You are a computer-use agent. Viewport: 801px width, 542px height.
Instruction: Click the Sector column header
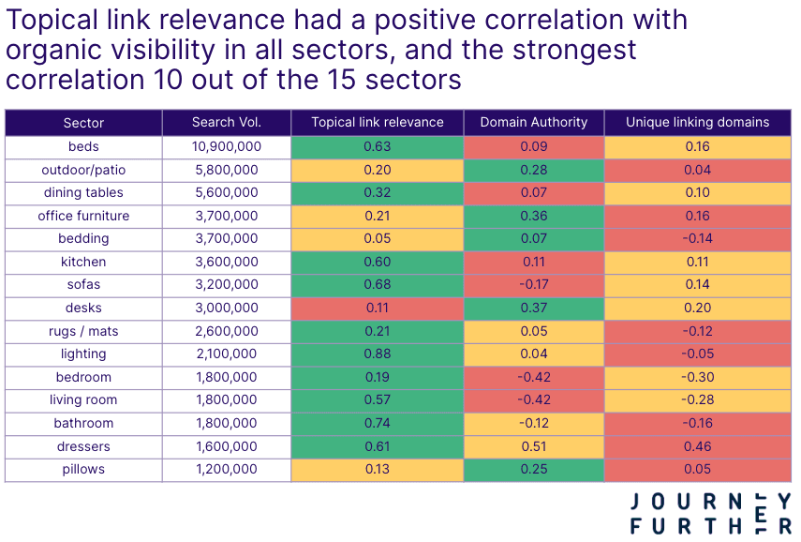coord(83,123)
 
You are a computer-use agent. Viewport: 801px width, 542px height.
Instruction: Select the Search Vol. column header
coord(226,123)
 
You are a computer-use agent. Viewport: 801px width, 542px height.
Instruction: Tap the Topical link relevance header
coord(377,123)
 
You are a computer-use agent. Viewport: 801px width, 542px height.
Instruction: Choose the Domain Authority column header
coord(533,123)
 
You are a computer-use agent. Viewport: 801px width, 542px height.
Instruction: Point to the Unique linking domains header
coord(697,123)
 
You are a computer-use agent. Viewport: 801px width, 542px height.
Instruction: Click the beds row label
coord(83,146)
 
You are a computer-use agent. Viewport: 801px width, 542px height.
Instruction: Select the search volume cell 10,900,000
coord(226,146)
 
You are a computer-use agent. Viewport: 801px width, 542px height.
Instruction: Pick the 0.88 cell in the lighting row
coord(377,354)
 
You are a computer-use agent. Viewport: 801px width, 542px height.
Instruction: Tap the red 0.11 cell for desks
coord(377,308)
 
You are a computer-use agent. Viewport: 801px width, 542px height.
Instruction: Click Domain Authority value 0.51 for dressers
coord(533,446)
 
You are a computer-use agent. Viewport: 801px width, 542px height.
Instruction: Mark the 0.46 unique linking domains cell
coord(697,446)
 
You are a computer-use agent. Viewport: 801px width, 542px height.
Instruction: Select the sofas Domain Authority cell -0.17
coord(533,284)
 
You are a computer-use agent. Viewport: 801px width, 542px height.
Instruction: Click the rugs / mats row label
coord(83,331)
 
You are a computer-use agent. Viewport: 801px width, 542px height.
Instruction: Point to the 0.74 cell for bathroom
coord(377,423)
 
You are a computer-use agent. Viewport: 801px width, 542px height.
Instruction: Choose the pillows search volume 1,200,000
coord(226,469)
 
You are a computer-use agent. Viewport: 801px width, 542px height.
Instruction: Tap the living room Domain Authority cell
coord(533,399)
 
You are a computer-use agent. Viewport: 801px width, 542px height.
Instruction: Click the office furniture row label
coord(83,216)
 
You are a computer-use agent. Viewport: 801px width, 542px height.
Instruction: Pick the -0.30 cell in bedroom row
coord(697,377)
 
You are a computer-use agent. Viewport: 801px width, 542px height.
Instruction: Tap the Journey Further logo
coord(710,513)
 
